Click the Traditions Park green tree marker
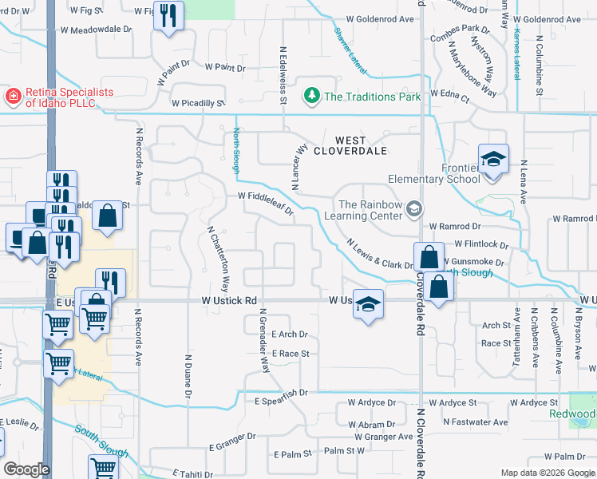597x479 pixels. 312,97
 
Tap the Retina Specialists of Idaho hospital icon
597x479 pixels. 14,97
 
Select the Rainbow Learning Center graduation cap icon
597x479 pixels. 413,209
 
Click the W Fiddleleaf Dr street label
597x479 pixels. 265,204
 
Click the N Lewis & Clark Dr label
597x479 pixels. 378,253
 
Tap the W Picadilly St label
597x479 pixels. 197,103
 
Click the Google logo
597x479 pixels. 26,469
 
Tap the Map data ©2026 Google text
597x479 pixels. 547,473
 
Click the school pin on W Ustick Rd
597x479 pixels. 368,304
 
